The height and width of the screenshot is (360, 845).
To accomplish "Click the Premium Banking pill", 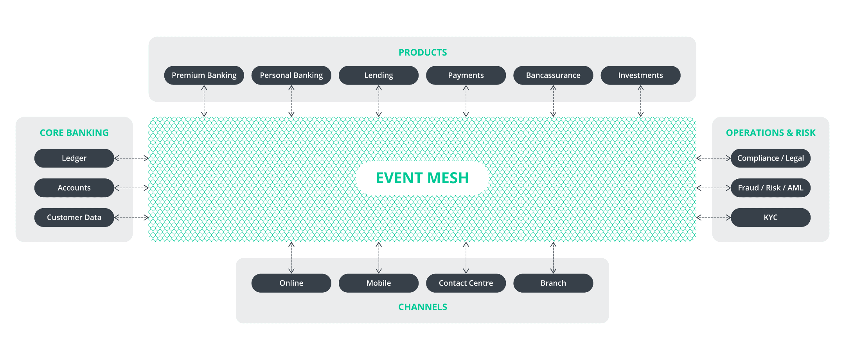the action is [x=204, y=75].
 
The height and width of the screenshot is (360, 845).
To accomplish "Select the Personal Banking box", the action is [x=291, y=75].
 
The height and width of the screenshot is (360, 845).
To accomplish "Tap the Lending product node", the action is [x=379, y=75].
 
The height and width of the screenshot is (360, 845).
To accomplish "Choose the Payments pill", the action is [x=466, y=75].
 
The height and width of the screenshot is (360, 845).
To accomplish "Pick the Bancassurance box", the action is [x=553, y=75].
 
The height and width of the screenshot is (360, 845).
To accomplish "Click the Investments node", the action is [x=640, y=75].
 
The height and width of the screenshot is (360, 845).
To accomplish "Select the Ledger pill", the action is [x=74, y=158].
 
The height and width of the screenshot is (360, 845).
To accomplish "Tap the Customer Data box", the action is [x=74, y=217].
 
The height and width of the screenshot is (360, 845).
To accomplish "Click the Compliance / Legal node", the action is [x=771, y=158].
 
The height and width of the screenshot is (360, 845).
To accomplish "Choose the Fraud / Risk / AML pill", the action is [x=771, y=188].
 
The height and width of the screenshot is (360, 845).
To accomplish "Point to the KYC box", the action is [x=771, y=217].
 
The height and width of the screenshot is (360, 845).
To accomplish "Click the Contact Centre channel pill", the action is [x=466, y=283].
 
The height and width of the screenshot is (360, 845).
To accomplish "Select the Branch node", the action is [x=553, y=283].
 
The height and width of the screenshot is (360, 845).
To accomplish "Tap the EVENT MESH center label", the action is [x=422, y=178].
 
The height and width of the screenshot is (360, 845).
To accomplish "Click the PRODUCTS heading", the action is [x=422, y=52].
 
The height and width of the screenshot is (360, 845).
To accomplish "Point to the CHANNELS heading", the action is [x=422, y=307].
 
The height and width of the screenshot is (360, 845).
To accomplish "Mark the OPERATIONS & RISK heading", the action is [x=771, y=133].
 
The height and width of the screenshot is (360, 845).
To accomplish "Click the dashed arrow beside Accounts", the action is [x=131, y=188].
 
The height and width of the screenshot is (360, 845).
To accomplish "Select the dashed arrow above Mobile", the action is [x=379, y=257].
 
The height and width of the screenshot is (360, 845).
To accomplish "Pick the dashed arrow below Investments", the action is [x=640, y=101].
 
